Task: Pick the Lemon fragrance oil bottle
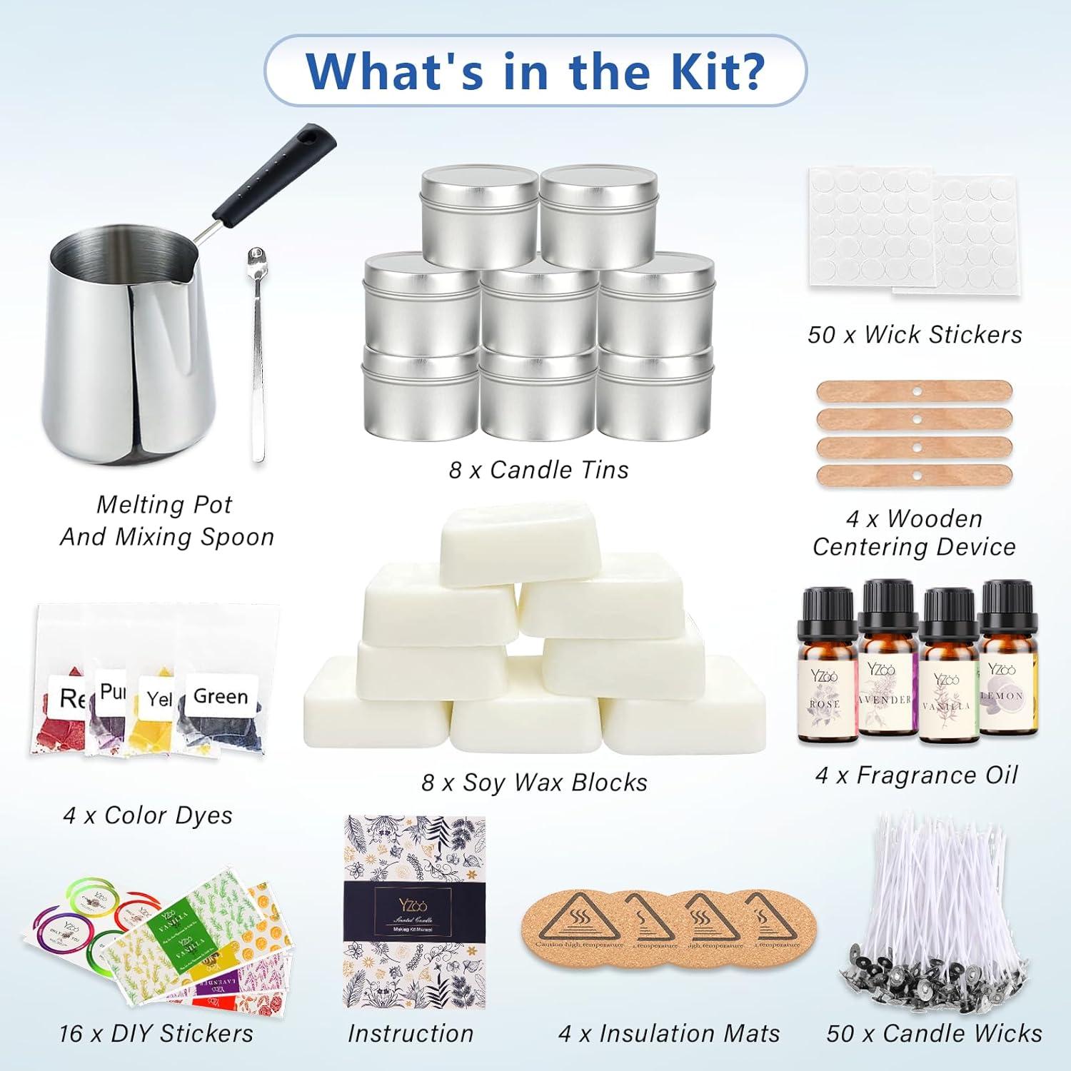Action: click(1007, 660)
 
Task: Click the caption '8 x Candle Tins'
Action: click(538, 470)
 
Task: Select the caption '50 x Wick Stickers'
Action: click(915, 334)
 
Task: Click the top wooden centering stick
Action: click(914, 391)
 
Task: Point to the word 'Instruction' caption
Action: click(411, 1033)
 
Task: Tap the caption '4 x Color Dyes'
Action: click(148, 815)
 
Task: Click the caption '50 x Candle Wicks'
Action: click(934, 1033)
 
